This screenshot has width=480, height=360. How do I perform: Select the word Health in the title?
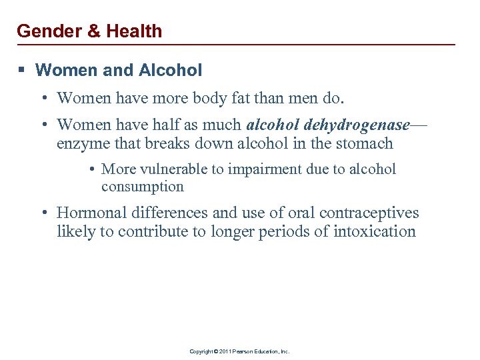tap(133, 31)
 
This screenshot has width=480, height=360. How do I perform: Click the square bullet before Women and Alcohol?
tap(22, 70)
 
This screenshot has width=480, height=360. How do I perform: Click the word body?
tap(223, 99)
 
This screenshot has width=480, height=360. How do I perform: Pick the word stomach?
tap(365, 143)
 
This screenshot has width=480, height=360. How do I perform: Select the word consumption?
tap(142, 187)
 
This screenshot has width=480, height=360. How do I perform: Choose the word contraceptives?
tap(369, 213)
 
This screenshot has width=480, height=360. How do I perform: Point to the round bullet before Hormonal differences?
tap(43, 213)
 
